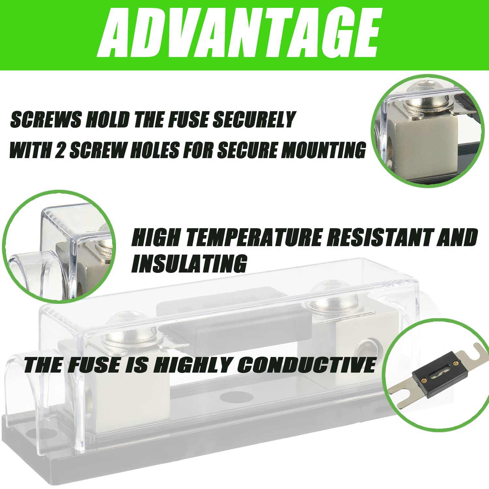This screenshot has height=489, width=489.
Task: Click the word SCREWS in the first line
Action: click(x=46, y=119)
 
